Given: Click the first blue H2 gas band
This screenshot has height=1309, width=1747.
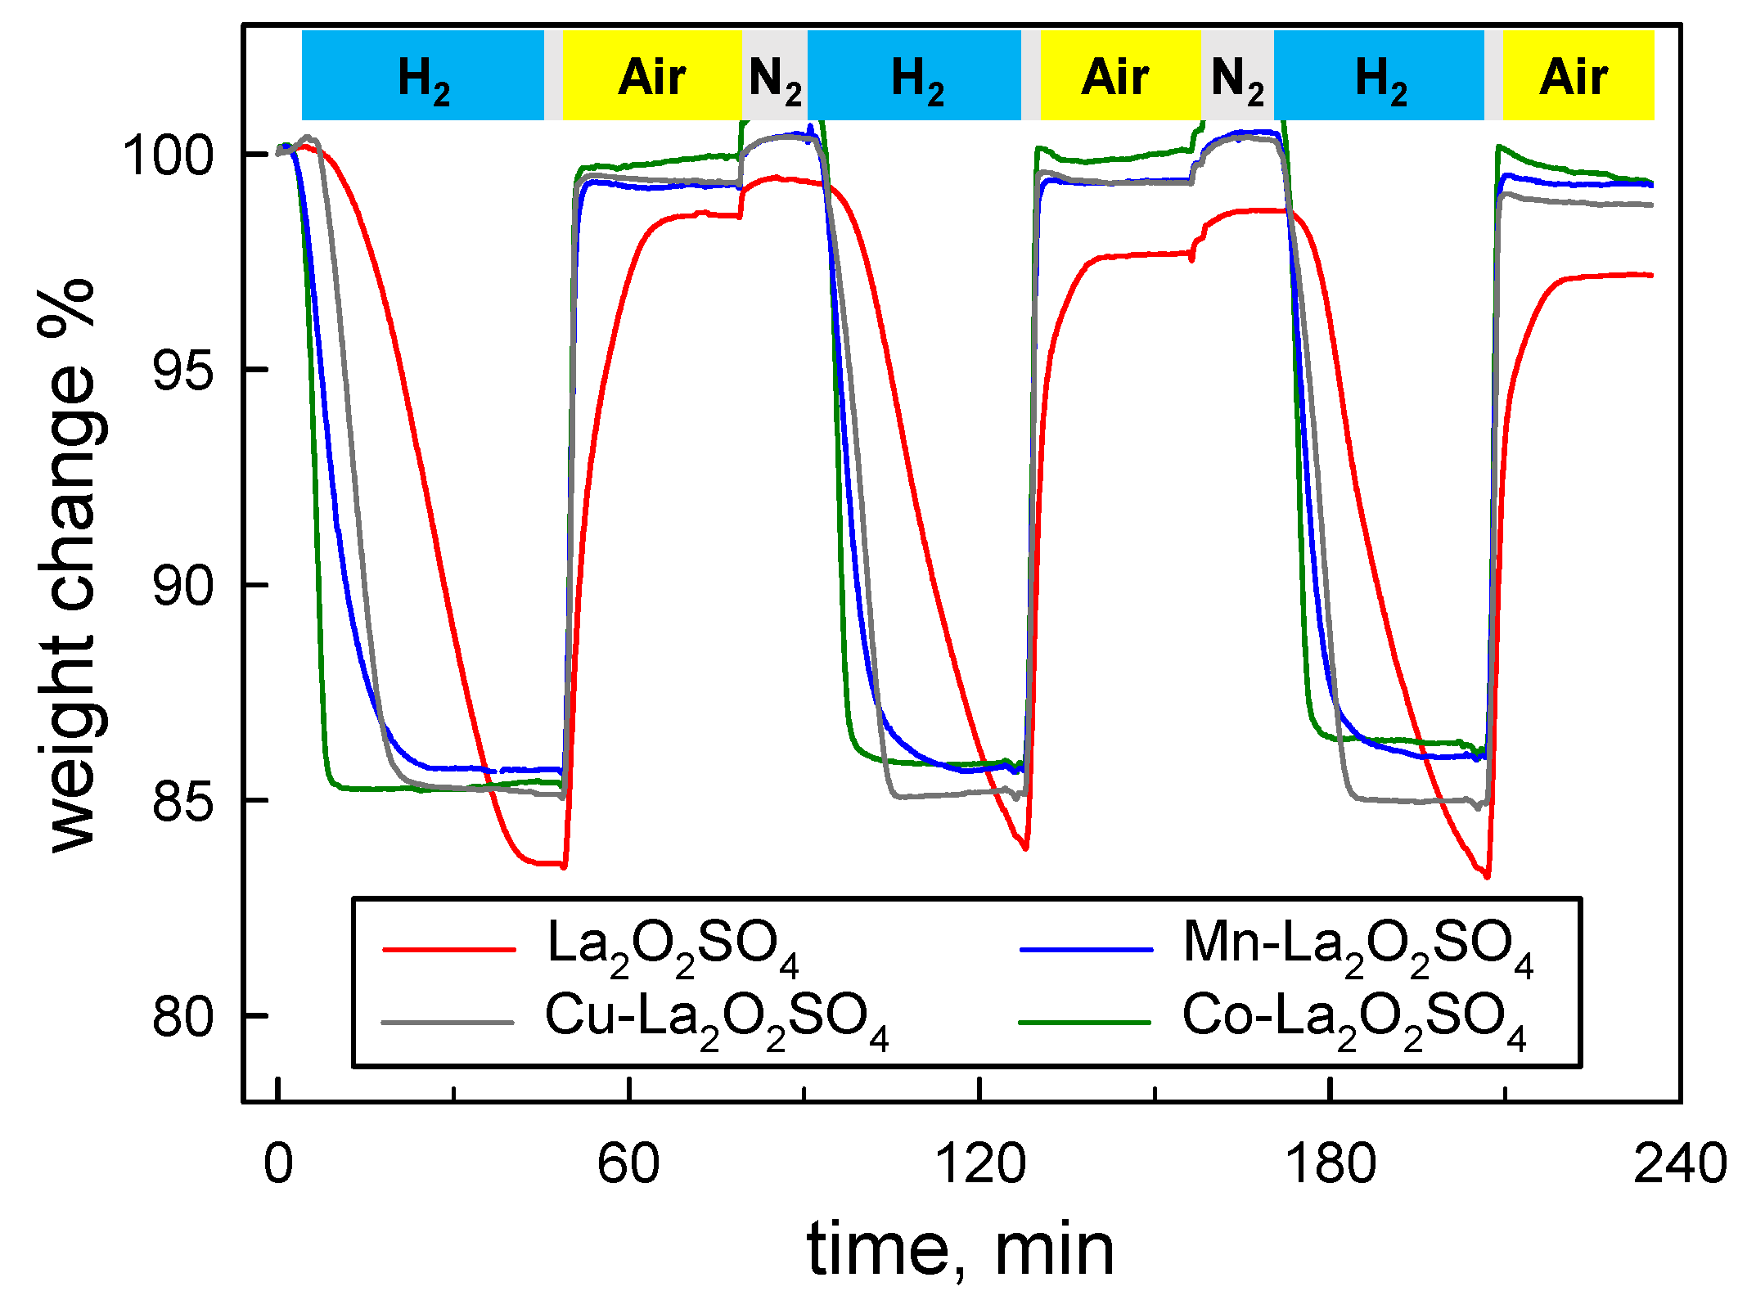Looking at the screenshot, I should [422, 76].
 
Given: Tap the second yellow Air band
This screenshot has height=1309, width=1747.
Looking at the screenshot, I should [1119, 76].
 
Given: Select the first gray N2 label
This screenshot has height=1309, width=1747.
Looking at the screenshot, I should [774, 79].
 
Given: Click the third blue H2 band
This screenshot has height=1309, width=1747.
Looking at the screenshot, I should [1379, 76].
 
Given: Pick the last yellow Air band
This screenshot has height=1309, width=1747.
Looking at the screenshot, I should [1578, 76].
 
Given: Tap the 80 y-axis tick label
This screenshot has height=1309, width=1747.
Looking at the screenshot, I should [181, 1016].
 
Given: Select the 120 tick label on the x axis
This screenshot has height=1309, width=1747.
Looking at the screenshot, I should [979, 1163].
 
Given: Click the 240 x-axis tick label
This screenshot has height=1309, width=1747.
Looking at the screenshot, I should [1679, 1163].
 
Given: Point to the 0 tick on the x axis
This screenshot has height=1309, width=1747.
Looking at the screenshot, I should [278, 1163].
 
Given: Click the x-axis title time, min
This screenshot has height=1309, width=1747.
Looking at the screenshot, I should [960, 1249].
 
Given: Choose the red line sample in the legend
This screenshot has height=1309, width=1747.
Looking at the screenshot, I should [449, 949].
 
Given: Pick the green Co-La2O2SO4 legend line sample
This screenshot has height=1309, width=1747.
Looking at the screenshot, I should [1085, 1022].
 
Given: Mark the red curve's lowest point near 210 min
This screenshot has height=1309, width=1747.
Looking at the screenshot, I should [1486, 877].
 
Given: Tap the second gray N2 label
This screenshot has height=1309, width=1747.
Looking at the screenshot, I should [1236, 79].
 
